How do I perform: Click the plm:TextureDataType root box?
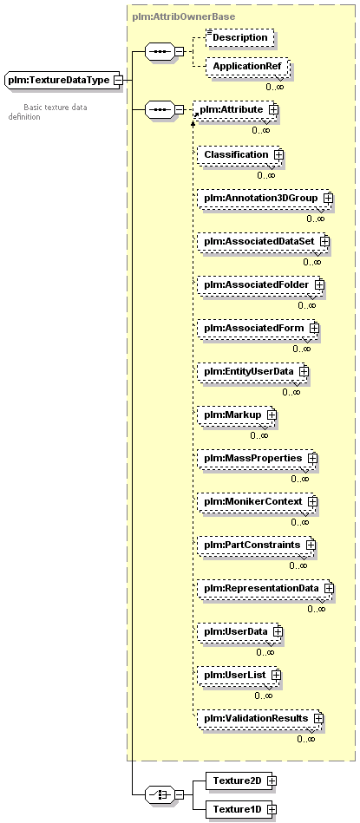[62, 81]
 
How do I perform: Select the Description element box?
[239, 38]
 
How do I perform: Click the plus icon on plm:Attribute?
[273, 109]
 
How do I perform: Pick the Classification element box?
[240, 154]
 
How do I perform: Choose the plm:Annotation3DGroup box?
[265, 198]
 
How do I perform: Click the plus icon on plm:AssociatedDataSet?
[324, 241]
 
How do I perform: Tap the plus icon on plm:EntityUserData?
[304, 372]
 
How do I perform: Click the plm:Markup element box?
[237, 415]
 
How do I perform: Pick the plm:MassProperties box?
[257, 458]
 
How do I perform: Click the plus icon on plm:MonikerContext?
[312, 502]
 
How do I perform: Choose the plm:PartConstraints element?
[256, 545]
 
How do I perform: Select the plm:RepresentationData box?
[265, 588]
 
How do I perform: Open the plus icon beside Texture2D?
[272, 781]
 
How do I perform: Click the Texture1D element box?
[240, 809]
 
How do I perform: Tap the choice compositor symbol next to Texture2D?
[160, 794]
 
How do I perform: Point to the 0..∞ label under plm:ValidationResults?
[306, 739]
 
